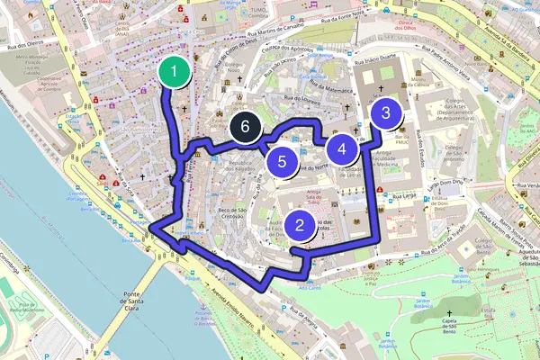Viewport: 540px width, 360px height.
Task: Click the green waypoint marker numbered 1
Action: [x=174, y=71]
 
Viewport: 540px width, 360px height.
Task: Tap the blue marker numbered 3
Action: [x=386, y=113]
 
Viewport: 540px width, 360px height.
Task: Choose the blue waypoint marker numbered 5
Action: [x=283, y=162]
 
